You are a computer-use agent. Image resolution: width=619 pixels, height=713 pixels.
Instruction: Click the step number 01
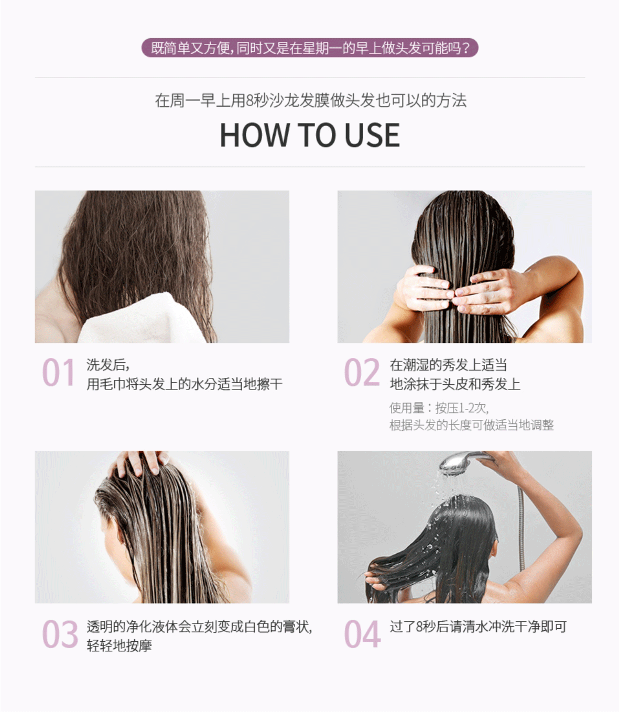(x=58, y=372)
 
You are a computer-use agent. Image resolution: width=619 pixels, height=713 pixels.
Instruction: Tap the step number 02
(x=362, y=372)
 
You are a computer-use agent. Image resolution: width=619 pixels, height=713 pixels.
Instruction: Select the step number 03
(x=60, y=634)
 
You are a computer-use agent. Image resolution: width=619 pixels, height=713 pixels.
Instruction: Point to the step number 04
(x=362, y=634)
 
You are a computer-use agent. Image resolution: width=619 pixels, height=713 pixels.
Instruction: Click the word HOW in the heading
(x=255, y=135)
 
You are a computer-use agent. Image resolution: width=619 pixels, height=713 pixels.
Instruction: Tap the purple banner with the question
(x=310, y=48)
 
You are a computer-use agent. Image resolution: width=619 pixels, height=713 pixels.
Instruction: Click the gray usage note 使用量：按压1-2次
(x=439, y=408)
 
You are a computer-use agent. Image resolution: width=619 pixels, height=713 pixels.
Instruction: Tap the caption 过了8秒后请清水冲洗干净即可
(x=478, y=627)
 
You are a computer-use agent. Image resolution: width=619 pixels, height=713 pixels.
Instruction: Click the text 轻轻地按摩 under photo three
(x=119, y=646)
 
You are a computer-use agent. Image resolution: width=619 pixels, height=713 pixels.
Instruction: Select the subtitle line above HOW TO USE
(x=310, y=101)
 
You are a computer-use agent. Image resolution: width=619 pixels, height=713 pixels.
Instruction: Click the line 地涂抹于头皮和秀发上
(x=455, y=384)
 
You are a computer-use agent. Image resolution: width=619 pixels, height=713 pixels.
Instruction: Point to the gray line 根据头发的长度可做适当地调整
(x=472, y=425)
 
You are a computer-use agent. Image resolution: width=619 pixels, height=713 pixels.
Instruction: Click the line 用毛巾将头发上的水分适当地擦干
(x=184, y=384)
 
